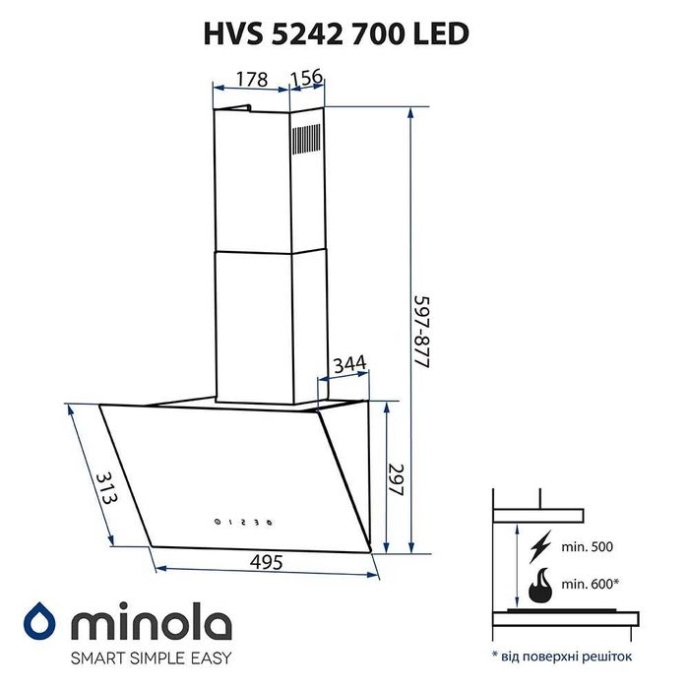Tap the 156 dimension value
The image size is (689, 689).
click(x=307, y=80)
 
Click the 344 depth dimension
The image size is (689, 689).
click(x=350, y=365)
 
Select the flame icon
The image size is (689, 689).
click(x=540, y=587)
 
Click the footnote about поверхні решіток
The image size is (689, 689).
click(x=562, y=655)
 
